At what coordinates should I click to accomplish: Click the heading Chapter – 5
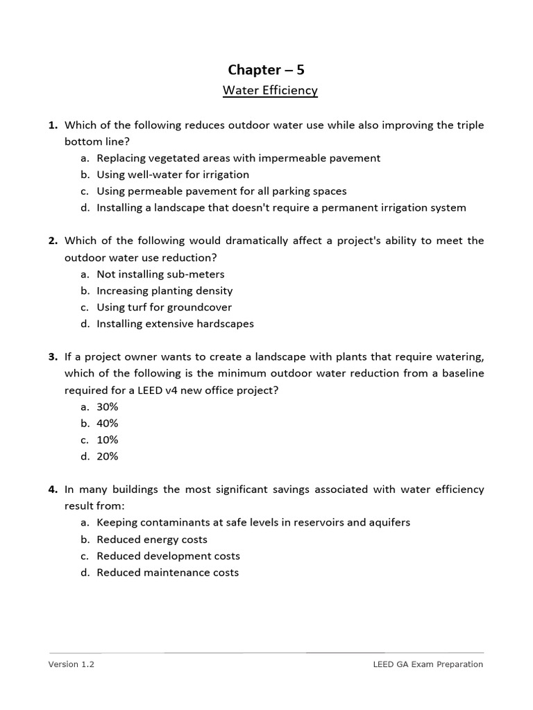click(x=266, y=69)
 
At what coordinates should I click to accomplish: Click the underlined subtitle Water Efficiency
click(x=270, y=91)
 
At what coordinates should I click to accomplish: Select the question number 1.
click(x=53, y=125)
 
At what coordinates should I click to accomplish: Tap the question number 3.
click(x=53, y=357)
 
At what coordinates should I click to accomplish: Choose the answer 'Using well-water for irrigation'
click(x=173, y=175)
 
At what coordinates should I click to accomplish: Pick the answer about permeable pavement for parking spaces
click(x=221, y=191)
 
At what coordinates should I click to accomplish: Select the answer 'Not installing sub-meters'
click(x=160, y=275)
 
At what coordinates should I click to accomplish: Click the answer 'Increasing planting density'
click(x=164, y=291)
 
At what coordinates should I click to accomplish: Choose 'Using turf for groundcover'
click(x=164, y=307)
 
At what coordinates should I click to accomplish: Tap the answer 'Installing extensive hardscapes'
click(x=175, y=324)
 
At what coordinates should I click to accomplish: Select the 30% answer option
click(x=108, y=407)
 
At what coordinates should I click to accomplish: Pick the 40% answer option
click(x=108, y=424)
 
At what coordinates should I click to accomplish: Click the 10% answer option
click(x=108, y=440)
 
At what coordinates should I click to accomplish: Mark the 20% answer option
click(x=108, y=456)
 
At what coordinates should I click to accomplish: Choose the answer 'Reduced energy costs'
click(x=152, y=539)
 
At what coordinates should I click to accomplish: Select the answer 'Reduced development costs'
click(x=168, y=556)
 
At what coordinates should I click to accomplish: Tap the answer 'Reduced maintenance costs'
click(x=167, y=573)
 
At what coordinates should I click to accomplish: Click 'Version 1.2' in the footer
click(x=71, y=664)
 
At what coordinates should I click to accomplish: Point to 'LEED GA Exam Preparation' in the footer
click(x=428, y=664)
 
